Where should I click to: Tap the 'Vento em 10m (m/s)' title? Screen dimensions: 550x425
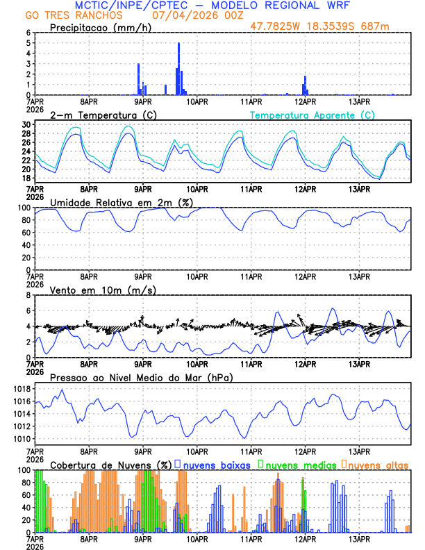(x=93, y=290)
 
